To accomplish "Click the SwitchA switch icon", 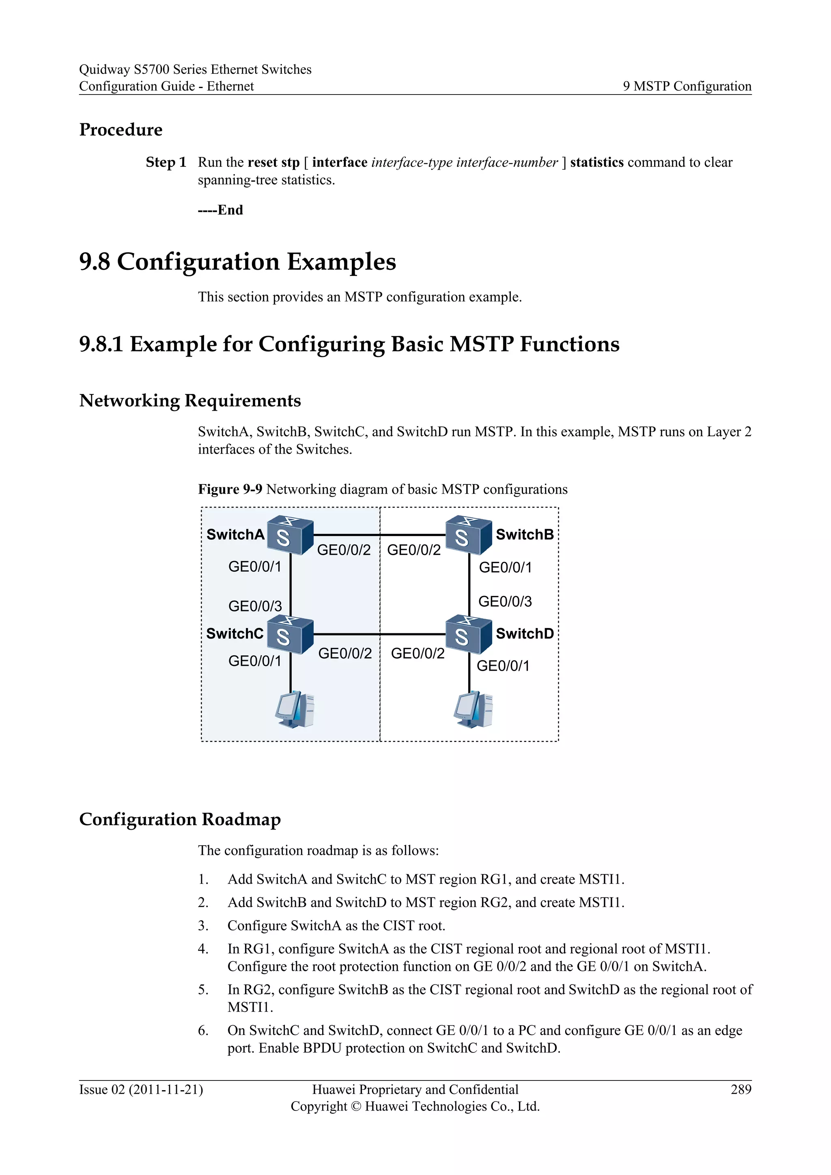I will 290,535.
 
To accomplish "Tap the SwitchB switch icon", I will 468,535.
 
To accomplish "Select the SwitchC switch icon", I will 290,635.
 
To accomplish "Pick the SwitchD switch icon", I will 468,635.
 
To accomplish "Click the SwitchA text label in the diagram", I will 235,535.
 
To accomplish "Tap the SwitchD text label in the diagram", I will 525,634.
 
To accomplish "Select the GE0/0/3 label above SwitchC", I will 255,607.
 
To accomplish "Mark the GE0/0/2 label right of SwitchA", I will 344,550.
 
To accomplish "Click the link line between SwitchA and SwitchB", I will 379,535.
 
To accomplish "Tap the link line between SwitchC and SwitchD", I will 379,635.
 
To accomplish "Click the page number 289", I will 741,1089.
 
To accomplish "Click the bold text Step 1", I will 166,163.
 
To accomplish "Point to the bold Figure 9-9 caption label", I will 230,490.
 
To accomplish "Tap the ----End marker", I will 220,210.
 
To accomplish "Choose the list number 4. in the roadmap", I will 203,949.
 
